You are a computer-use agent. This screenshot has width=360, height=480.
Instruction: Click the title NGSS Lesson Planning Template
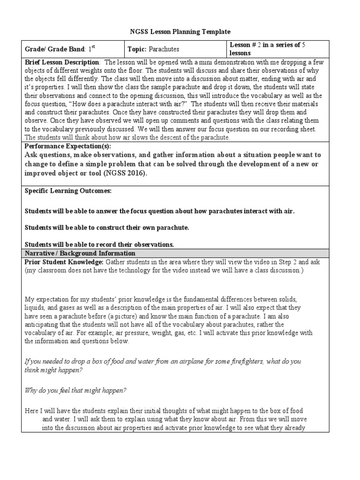point(180,32)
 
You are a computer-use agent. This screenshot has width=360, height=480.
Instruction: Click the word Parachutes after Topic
point(164,49)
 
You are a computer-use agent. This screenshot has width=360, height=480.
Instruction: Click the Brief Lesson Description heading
point(62,62)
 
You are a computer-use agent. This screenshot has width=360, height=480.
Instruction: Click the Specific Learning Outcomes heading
point(68,191)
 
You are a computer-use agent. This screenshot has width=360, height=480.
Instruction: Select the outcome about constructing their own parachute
point(106,228)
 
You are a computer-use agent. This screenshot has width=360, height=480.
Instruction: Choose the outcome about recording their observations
point(99,244)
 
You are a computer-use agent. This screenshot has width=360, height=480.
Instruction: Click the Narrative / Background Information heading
point(80,253)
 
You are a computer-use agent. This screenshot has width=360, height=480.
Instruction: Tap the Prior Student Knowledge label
point(64,262)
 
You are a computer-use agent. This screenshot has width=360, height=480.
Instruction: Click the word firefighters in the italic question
point(265,362)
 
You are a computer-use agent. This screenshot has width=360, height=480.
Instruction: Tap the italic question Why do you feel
point(75,390)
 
